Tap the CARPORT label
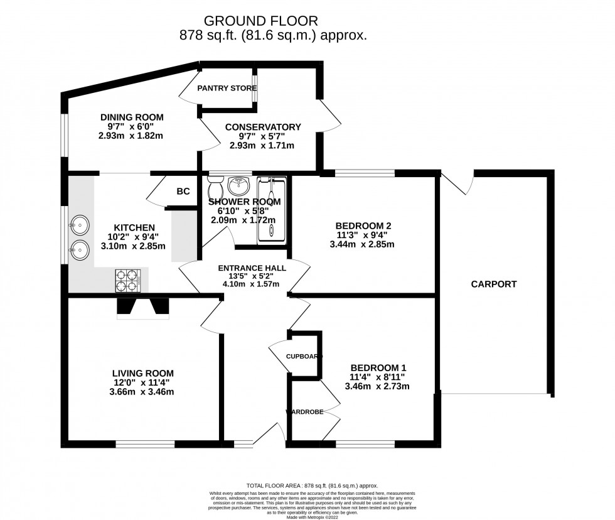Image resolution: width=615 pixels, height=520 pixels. (494, 284)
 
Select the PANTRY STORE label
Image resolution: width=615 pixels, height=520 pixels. (227, 88)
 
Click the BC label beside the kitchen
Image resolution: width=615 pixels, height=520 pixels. (183, 192)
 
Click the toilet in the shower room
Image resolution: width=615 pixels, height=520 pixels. (215, 187)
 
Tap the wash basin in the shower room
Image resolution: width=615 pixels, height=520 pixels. (238, 185)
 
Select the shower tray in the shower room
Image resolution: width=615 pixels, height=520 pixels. (272, 209)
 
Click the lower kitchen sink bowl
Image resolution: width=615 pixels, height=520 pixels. (79, 251)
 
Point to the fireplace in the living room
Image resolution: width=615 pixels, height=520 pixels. (143, 308)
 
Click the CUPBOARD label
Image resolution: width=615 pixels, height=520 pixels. (304, 356)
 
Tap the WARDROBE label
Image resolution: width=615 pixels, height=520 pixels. (304, 412)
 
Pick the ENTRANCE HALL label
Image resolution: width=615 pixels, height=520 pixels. (252, 268)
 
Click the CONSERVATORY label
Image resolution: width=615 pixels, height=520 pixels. (263, 127)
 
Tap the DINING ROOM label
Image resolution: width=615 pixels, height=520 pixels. (132, 117)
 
